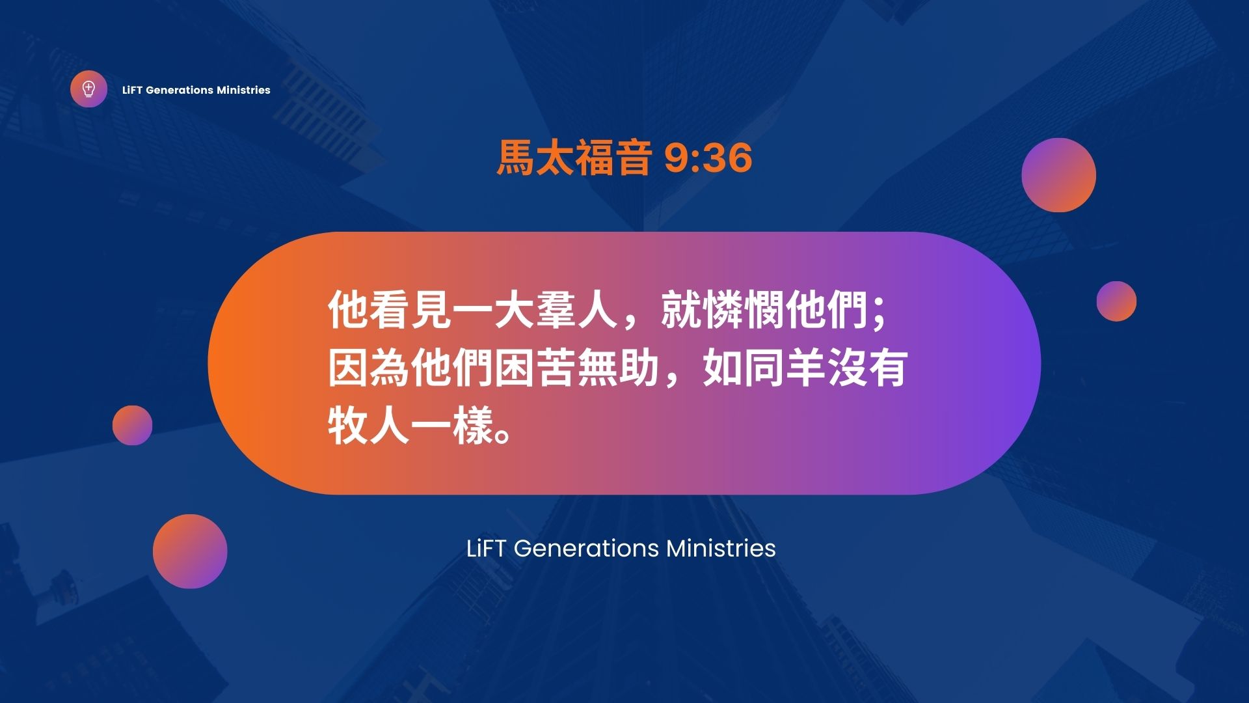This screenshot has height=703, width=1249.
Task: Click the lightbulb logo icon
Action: tap(88, 89)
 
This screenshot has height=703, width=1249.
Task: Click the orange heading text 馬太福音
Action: tap(574, 158)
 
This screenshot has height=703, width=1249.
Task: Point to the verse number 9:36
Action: tap(708, 158)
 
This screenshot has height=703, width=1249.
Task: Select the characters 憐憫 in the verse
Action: tap(722, 309)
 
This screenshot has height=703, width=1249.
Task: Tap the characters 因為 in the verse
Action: tap(369, 368)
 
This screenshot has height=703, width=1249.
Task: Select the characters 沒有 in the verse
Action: tap(867, 368)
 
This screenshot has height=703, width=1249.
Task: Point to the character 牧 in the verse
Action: tap(348, 426)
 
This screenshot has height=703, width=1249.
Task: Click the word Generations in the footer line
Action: tap(587, 549)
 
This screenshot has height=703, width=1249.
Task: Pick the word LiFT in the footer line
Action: tap(486, 548)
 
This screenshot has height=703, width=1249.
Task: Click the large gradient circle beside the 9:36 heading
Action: tap(1058, 175)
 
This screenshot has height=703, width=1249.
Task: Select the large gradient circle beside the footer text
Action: tap(190, 551)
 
